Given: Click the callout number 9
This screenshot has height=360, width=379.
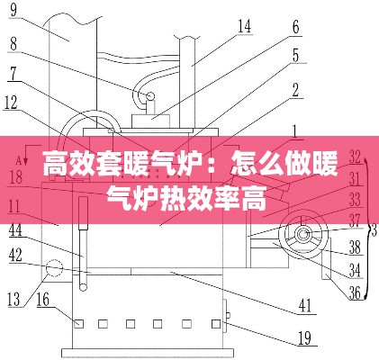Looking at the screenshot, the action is point(14,10).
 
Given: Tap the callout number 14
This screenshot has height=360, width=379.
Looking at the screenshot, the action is point(244,26).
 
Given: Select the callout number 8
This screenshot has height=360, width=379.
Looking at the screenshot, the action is point(14,44).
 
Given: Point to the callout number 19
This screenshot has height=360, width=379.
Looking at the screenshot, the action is point(304,338).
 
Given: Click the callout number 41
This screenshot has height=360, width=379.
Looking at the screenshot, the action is point(305,306).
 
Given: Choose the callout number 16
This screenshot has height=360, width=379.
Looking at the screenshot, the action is point(43,299).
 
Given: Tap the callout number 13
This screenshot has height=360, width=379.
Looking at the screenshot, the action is point(14,299).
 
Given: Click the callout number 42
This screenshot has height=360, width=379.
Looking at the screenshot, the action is point(15,255).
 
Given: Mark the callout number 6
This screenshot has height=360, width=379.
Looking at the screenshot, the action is point(296,27).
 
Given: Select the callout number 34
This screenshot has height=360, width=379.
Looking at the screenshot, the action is point(355,271).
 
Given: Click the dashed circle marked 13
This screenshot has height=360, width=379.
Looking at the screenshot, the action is point(54,267).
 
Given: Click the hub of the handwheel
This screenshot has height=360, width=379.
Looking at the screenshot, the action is point(302,234).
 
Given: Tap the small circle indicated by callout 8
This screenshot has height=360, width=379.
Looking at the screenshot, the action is point(149,96).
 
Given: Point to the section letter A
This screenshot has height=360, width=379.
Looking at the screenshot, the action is point(19,161).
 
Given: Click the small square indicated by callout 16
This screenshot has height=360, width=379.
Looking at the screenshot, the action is point(79,324).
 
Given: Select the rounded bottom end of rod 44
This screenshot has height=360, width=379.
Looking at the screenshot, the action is point(83,287).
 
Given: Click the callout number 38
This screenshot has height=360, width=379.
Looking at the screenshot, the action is point(355,247).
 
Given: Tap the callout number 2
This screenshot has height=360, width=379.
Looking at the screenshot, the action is point(295,90).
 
